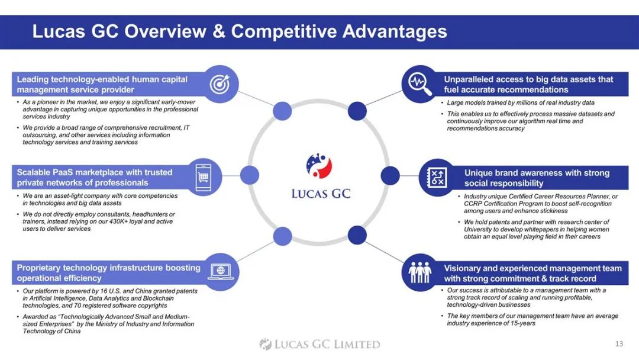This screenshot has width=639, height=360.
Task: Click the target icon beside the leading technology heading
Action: pos(220,83)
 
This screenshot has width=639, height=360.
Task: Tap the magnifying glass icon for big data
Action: pos(420,84)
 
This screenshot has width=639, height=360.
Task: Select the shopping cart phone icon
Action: pos(204,177)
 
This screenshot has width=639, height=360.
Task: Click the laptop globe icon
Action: pos(221,271)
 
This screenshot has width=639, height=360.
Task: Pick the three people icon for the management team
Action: pos(419,272)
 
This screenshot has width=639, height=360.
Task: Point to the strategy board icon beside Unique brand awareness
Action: pos(437,178)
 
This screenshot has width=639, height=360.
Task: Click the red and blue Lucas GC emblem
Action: pos(319,166)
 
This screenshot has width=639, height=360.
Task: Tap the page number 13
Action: pos(619,343)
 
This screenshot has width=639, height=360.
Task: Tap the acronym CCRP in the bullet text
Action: pos(472,204)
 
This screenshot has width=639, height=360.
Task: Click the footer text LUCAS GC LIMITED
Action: pos(327,344)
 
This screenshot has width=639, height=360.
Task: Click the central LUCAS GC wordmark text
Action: pos(321,194)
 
